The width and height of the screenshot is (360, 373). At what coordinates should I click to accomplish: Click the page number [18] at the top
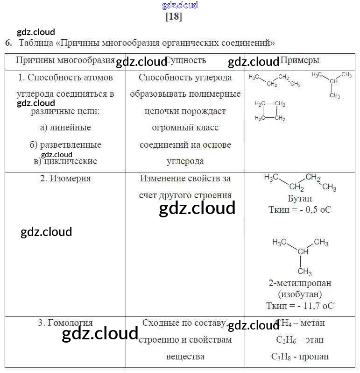pos(174,17)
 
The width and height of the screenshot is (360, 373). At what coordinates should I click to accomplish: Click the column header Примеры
pos(300,60)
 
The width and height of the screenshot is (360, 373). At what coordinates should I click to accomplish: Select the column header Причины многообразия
pos(65,60)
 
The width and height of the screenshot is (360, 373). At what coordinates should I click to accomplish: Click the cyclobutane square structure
pos(270,111)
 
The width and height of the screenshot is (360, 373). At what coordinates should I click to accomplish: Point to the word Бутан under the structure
pos(300,198)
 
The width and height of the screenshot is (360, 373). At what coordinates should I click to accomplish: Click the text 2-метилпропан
pos(300,283)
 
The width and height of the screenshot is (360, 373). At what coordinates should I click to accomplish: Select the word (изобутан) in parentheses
pos(300,294)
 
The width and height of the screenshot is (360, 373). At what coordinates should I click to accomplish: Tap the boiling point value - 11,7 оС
pos(314,306)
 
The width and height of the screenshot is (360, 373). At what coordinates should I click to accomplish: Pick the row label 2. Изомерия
pos(65,179)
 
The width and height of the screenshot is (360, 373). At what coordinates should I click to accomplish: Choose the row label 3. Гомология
pos(65,323)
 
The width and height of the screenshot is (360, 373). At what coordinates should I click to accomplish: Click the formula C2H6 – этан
pos(300,340)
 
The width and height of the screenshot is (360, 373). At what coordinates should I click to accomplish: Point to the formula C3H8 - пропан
pos(300,356)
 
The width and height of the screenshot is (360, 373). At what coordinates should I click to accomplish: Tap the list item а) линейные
pos(65,127)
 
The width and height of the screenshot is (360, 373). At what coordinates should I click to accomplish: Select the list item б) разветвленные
pos(65,144)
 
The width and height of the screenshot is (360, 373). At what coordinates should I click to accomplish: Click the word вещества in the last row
pos(185,356)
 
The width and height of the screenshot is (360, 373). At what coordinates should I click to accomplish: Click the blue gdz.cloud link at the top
pos(180,5)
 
